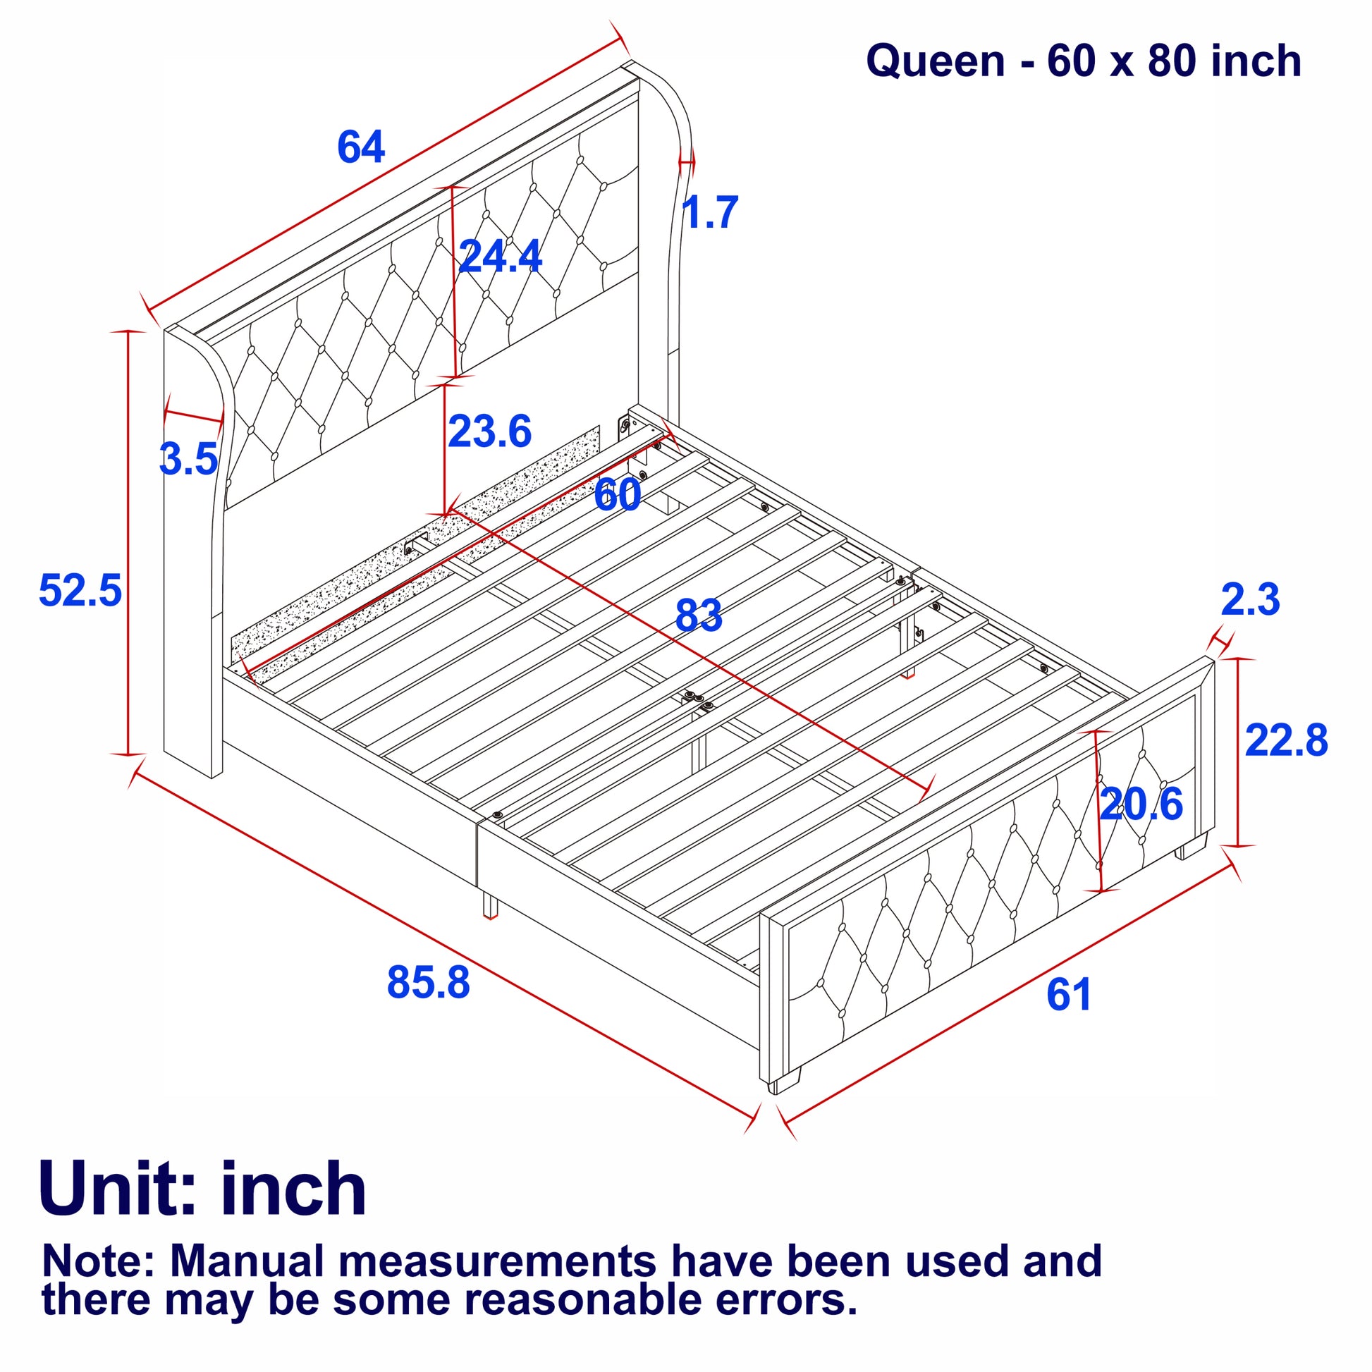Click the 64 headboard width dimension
(x=361, y=147)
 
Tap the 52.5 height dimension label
(x=80, y=590)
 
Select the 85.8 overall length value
(x=428, y=983)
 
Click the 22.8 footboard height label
(x=1286, y=741)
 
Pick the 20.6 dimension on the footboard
(x=1141, y=804)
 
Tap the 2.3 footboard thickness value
(x=1251, y=599)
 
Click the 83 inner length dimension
(x=699, y=615)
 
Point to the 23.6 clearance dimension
(x=490, y=431)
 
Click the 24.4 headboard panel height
(x=501, y=256)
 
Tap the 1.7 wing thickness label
(x=710, y=212)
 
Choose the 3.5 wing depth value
(x=188, y=459)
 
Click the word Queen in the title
(x=936, y=61)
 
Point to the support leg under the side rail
(x=490, y=903)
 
